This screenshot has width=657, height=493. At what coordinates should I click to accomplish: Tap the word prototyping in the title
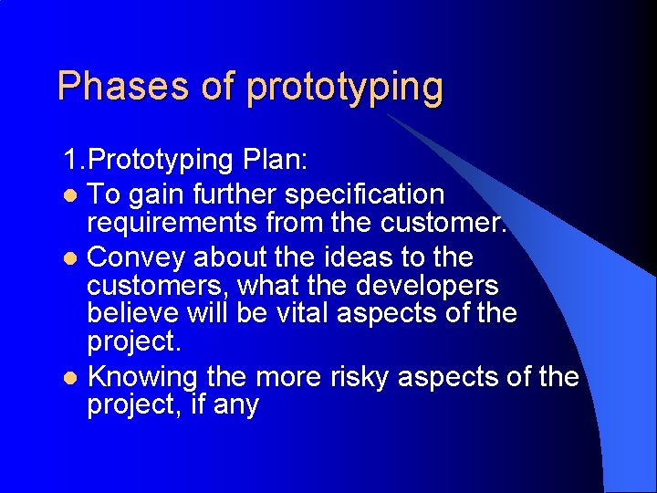click(x=345, y=88)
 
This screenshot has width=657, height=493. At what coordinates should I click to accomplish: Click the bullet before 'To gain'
click(x=73, y=196)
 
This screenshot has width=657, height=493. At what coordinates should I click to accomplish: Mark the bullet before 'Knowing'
click(x=73, y=377)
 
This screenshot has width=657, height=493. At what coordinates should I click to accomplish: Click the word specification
click(x=364, y=194)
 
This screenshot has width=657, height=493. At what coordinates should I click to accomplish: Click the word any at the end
click(x=236, y=404)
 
